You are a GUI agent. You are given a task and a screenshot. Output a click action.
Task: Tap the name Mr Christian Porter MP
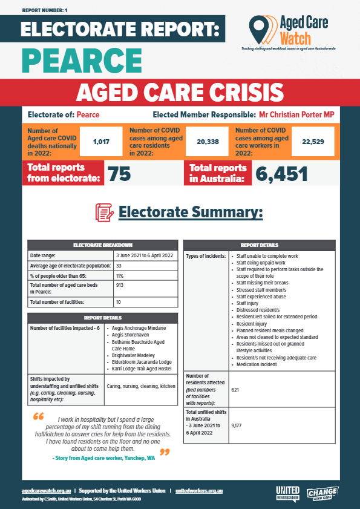pos(296,115)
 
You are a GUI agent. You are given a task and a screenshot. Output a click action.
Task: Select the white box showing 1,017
pos(101,142)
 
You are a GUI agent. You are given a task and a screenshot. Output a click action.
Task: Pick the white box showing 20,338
pos(207,142)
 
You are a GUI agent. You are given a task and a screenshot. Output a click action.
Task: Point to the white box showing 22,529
pos(313,142)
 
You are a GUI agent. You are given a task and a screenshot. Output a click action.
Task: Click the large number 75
pos(119,174)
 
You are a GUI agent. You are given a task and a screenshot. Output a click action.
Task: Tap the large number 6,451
pos(281,174)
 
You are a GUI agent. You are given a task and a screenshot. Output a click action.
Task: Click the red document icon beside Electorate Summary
pos(105,212)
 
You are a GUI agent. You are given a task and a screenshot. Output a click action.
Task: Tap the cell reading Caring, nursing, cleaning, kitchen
pos(141,386)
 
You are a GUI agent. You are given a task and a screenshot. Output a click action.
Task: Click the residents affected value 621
pos(235,390)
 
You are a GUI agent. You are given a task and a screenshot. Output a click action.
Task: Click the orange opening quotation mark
pos(38,417)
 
